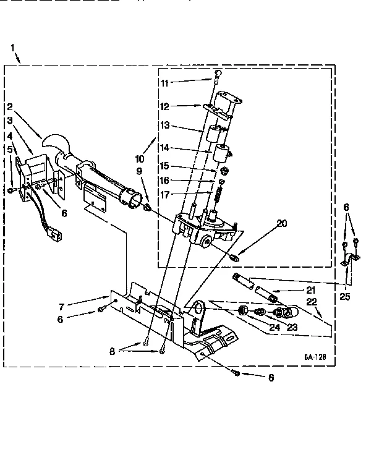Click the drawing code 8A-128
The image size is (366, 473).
click(315, 357)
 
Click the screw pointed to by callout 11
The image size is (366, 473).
click(218, 77)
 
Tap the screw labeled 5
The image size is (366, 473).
click(12, 190)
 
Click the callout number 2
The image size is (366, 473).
click(11, 106)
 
